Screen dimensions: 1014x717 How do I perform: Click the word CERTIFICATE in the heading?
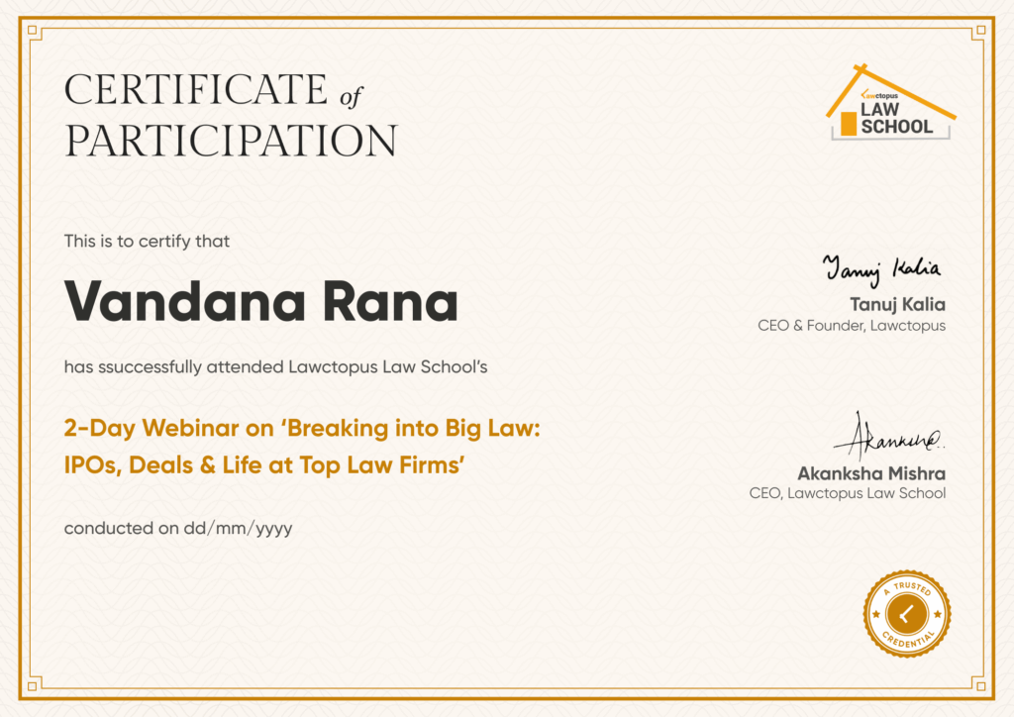point(197,89)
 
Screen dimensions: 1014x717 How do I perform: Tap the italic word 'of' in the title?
point(352,97)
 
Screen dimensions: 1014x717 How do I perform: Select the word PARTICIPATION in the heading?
point(231,141)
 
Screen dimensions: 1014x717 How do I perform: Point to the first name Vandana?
point(185,301)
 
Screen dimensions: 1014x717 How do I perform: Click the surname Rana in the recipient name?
point(390,301)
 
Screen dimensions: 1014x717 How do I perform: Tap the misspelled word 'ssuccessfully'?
point(151,367)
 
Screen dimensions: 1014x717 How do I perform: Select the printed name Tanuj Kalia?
point(897,304)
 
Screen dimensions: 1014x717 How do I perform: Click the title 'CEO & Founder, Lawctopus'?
point(852,325)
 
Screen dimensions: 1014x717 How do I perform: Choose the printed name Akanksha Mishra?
point(871,474)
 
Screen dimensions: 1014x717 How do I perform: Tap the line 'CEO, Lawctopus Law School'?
point(848,493)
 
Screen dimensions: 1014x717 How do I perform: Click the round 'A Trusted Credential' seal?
point(907,614)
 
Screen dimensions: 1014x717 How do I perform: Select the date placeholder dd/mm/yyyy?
point(238,529)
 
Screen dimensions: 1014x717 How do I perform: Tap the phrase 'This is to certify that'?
point(147,242)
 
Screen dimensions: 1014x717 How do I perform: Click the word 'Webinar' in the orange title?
point(191,428)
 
